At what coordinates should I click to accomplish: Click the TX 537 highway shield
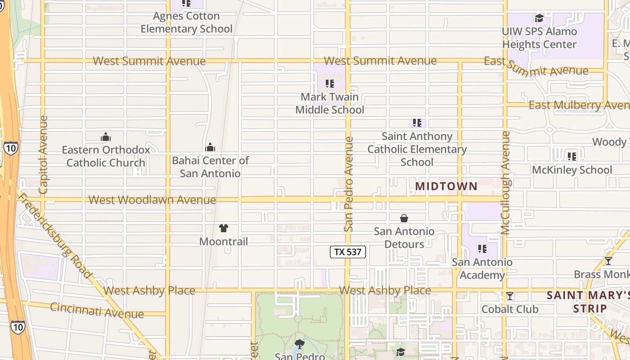coord(348,252)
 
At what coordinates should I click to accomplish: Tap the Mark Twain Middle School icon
coord(330,84)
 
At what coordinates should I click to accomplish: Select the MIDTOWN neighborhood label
coord(446,186)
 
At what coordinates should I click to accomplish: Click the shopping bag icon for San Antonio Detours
coord(404,218)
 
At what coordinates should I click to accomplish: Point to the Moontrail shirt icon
coord(224,228)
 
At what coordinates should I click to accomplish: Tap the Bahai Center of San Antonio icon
coord(210,147)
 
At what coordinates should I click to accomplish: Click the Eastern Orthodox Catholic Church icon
coord(106,137)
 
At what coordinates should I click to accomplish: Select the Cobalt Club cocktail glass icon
coord(510,296)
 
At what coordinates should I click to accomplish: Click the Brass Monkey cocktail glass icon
coord(608,261)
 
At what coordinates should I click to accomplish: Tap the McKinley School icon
coord(572,157)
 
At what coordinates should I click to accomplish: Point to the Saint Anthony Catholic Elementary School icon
coord(417,123)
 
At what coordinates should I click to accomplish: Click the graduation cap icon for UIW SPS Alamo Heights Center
coord(539,18)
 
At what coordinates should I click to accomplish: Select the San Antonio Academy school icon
coord(482,249)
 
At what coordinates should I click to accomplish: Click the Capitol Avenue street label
coord(43,155)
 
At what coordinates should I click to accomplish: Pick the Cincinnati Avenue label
coord(97,310)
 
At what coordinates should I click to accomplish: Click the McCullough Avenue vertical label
coord(505,182)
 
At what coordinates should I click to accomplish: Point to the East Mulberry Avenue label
coord(578,105)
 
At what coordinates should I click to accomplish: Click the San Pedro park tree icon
coord(299,345)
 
